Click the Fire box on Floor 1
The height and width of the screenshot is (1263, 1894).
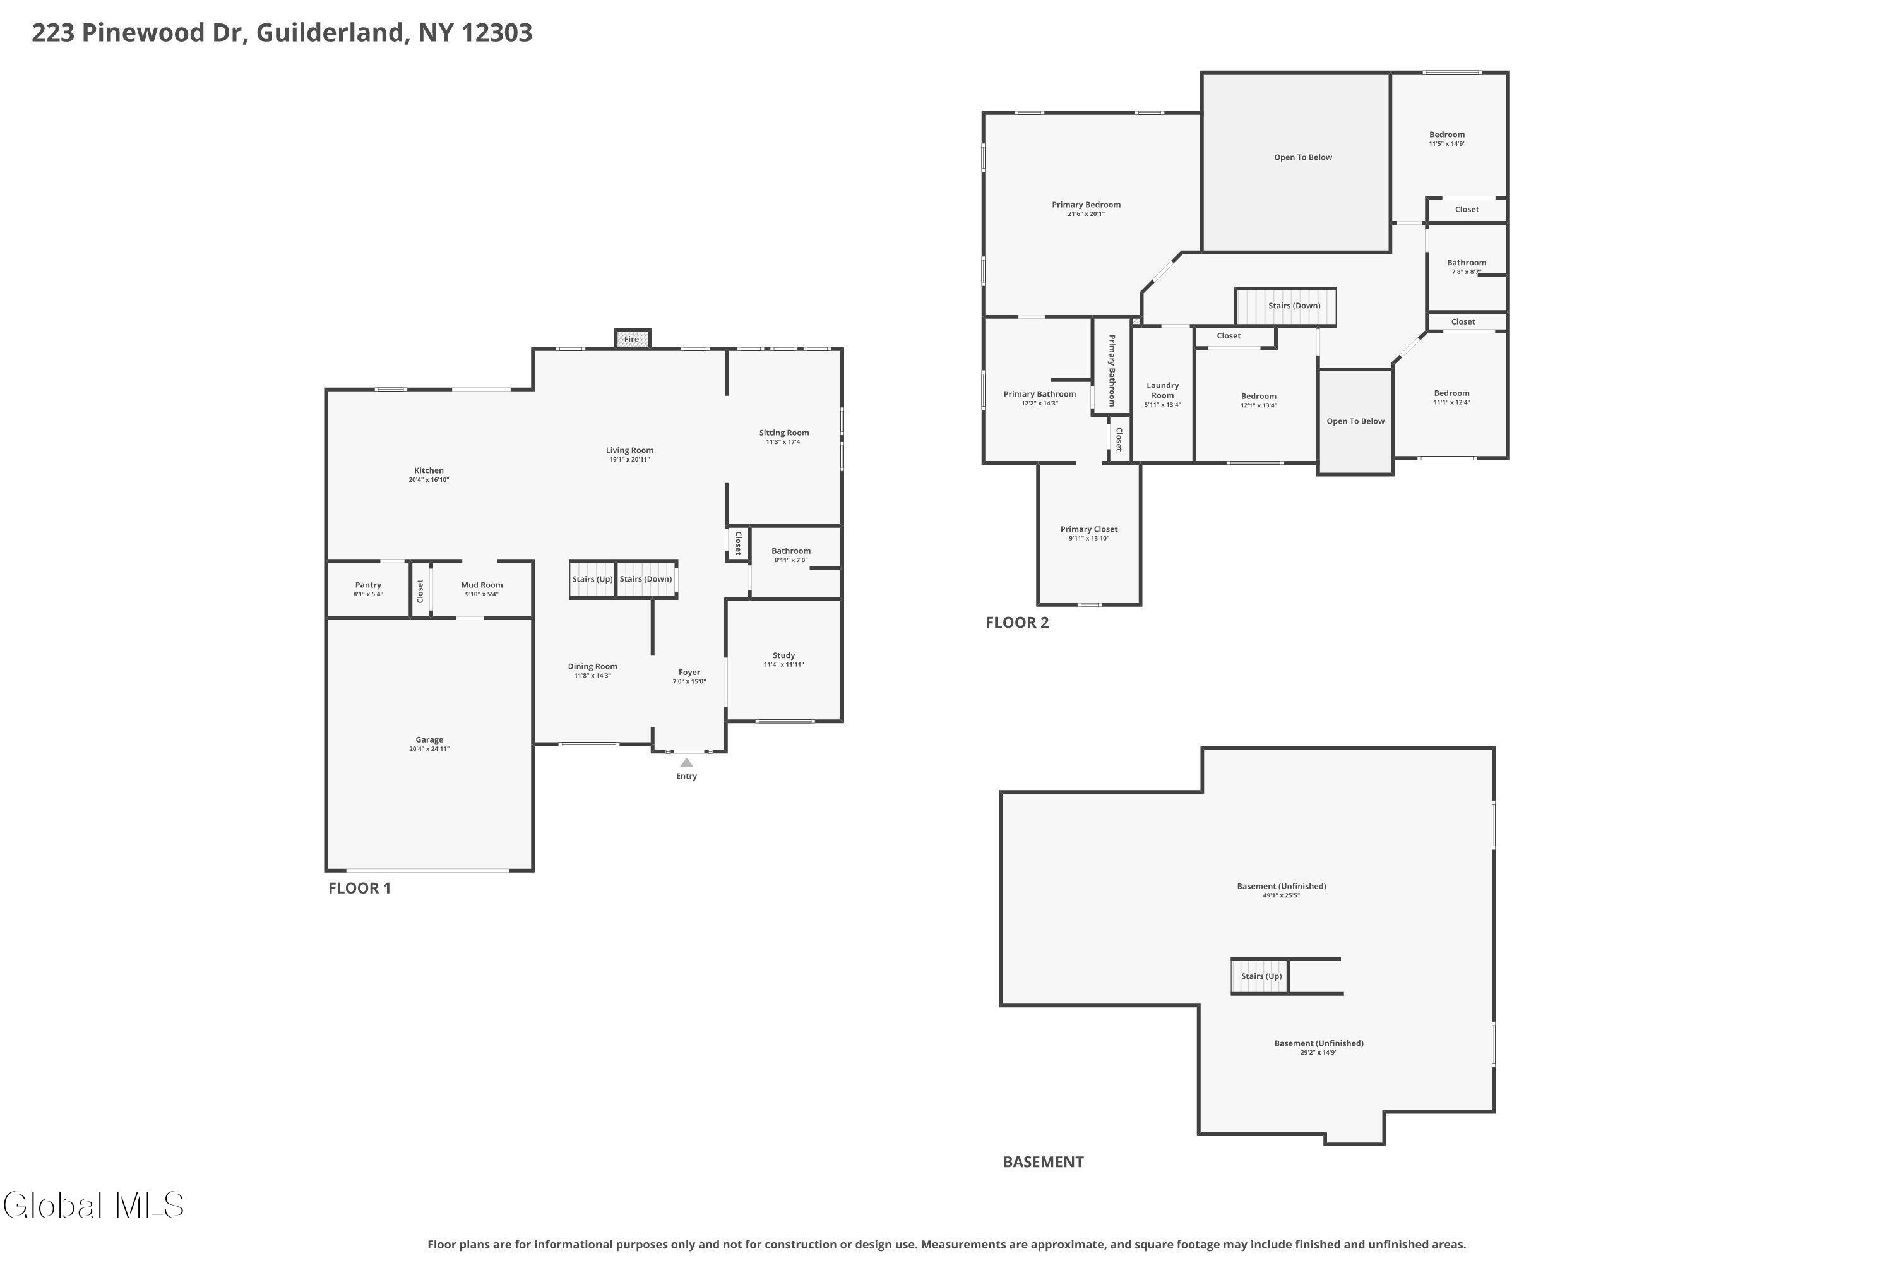[x=632, y=339]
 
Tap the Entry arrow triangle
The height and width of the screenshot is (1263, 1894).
[x=686, y=762]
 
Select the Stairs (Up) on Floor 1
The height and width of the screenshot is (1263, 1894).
[x=593, y=579]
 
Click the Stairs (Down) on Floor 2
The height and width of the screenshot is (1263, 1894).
[x=1286, y=306]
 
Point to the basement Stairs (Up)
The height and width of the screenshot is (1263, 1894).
[x=1260, y=976]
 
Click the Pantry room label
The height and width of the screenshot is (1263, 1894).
[x=368, y=585]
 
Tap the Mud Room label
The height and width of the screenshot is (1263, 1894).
[x=482, y=585]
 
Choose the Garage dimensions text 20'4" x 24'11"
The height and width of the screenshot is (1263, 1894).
[x=429, y=749]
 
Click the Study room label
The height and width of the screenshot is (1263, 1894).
[x=783, y=655]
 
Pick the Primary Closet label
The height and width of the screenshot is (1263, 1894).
[x=1088, y=529]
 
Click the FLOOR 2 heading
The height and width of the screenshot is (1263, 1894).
[x=1017, y=623]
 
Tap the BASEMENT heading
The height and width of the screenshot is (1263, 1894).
[x=1043, y=1161]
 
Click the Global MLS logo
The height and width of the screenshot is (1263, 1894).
[x=93, y=1205]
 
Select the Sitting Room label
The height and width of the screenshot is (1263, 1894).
[x=783, y=433]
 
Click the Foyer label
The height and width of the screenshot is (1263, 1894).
[x=689, y=673]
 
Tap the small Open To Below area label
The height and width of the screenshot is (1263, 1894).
[x=1355, y=421]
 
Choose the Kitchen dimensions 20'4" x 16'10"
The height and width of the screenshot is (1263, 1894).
[x=429, y=480]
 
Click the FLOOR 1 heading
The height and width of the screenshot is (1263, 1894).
[x=359, y=889]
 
